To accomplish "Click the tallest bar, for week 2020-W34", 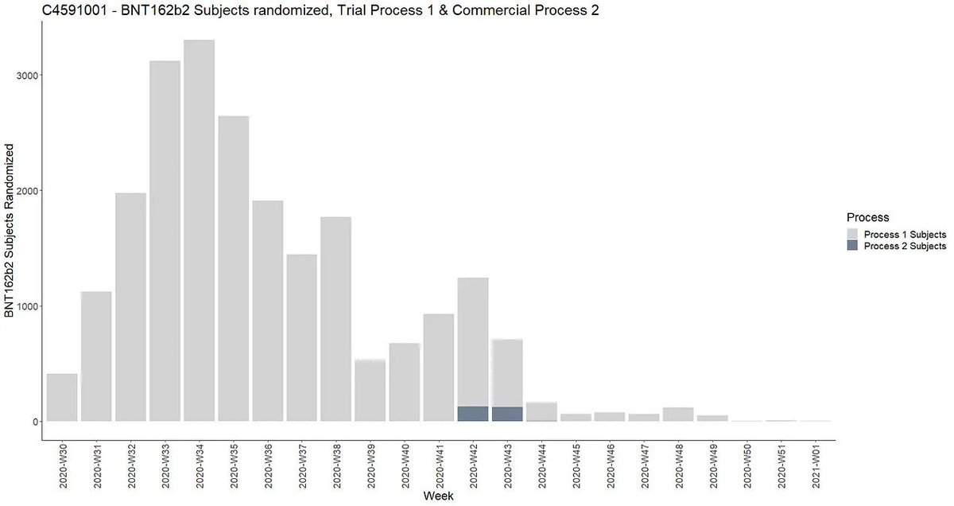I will [x=199, y=231].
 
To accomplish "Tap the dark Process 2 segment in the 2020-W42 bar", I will [x=472, y=414].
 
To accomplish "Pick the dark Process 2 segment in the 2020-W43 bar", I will [x=506, y=414].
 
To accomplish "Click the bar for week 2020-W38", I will [x=335, y=318].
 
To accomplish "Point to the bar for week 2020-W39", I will [x=370, y=390].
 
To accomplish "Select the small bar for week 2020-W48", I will [x=677, y=415].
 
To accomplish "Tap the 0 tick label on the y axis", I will [x=35, y=422].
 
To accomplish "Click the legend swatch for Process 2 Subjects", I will [x=852, y=247].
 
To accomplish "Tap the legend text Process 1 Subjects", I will [x=905, y=235].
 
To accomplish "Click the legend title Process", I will [x=867, y=217].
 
